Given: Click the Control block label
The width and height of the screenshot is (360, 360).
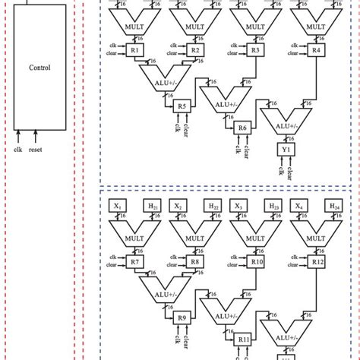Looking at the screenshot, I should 39,68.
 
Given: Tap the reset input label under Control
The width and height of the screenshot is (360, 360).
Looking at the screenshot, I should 35,149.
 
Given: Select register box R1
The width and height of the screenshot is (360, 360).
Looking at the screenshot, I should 134,50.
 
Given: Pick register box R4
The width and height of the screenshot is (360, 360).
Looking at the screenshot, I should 314,50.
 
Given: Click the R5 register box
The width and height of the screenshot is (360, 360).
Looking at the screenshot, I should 182,106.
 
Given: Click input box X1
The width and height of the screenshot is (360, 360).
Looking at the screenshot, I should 118,205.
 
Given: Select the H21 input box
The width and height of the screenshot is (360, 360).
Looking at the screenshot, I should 152,205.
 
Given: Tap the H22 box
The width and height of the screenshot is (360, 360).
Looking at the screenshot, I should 211,205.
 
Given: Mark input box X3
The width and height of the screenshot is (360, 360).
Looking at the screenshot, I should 237,205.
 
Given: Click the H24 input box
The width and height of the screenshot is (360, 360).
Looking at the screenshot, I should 332,205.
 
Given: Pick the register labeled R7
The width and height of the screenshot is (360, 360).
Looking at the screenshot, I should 134,262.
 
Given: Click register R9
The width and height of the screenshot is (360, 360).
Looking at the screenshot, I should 182,317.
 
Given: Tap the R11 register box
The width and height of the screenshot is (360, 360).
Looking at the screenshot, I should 243,339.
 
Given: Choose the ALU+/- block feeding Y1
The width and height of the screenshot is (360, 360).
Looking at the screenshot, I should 285,120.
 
